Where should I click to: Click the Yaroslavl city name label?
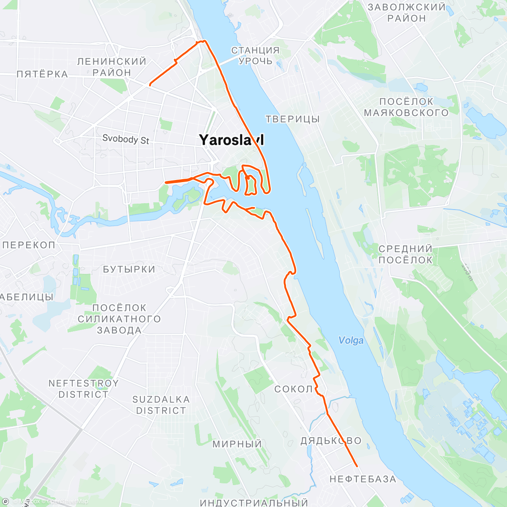pos(231,140)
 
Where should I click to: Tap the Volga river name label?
pos(351,341)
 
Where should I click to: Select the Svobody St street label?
pos(125,139)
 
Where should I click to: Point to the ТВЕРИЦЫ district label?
pos(292,119)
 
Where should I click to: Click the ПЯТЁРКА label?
pos(42,74)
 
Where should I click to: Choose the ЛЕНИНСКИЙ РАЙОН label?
pos(112,67)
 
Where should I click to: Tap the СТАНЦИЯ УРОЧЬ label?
pos(255,55)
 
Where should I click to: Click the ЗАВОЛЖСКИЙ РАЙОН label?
pos(406,13)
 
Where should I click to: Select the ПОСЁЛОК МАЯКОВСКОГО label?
pos(406,107)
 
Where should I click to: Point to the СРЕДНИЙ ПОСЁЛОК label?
pos(405,254)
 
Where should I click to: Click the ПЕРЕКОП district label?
pos(29,245)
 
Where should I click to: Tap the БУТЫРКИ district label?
pos(129,269)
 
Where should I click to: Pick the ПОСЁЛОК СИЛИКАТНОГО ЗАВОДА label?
pos(119,319)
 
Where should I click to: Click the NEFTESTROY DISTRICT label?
pos(83,389)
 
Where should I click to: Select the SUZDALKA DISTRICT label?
pos(161,405)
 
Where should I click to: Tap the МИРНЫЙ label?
pos(237,444)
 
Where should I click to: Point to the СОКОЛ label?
pos(294,389)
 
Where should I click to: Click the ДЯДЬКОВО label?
pos(331,441)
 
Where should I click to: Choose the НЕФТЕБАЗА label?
pos(363,479)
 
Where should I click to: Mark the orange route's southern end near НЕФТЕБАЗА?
pos(357,466)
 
